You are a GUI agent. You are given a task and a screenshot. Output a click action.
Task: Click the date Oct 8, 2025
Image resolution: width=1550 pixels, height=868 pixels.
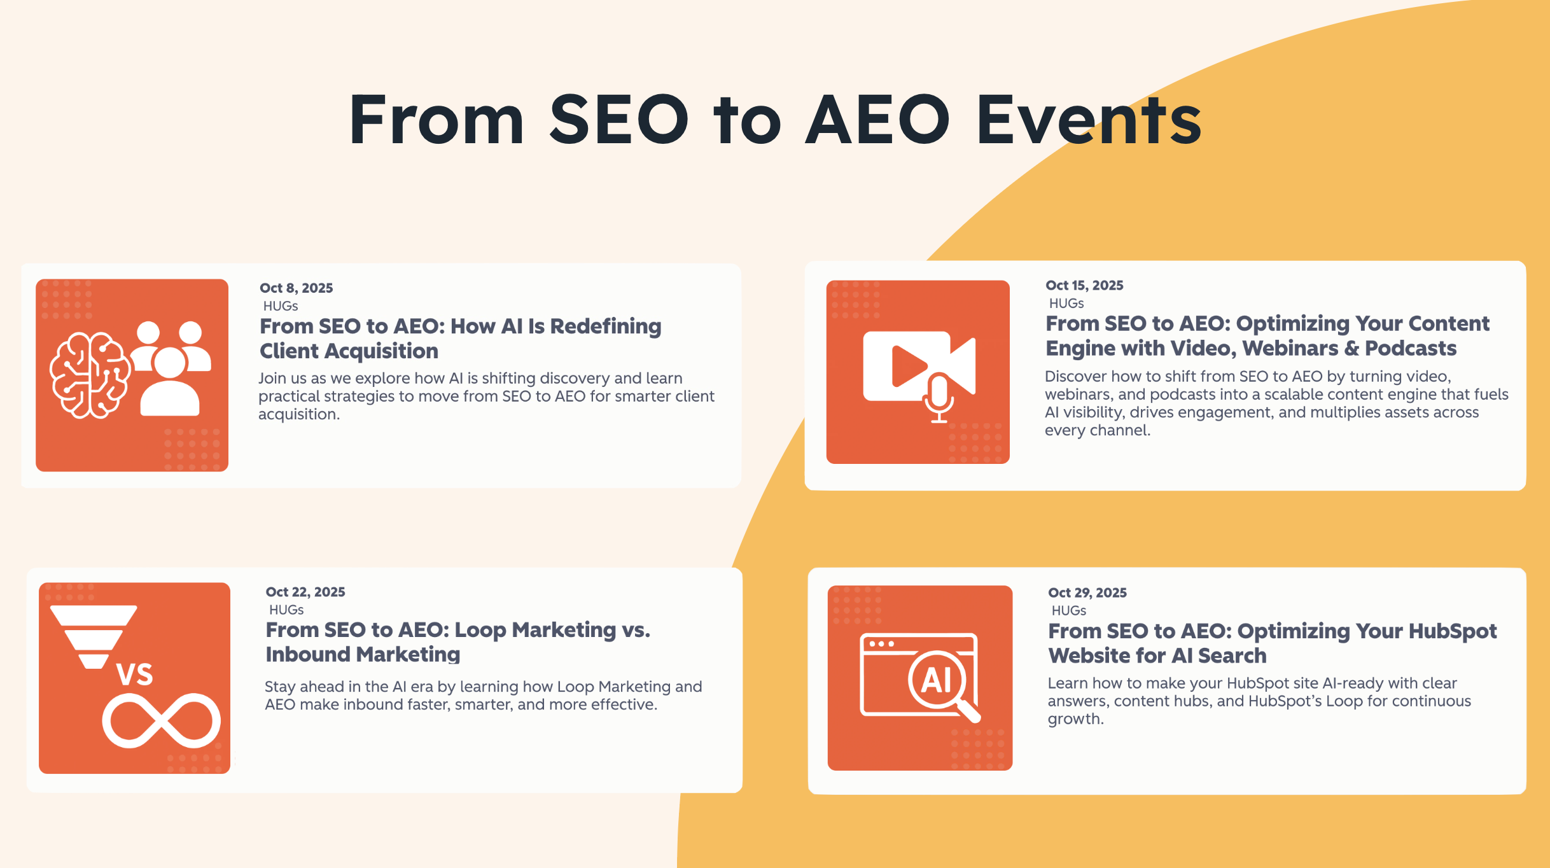click(x=296, y=288)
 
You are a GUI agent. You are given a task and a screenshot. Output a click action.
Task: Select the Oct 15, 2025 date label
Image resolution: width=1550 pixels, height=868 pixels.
click(x=1084, y=285)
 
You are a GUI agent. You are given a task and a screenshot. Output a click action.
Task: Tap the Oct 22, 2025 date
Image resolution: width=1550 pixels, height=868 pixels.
click(x=305, y=592)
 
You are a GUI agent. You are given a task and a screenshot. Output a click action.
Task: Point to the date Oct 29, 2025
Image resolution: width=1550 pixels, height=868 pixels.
click(x=1087, y=592)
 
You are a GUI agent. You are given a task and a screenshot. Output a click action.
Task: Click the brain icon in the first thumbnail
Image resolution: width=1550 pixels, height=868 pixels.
click(x=90, y=375)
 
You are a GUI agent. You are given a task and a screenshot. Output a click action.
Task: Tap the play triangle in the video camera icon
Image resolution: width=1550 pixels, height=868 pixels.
click(x=908, y=366)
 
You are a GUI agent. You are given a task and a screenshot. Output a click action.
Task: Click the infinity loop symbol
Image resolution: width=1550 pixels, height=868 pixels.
click(x=162, y=720)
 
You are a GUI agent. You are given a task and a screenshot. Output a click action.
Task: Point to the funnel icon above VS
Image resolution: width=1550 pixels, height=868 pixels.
click(x=94, y=637)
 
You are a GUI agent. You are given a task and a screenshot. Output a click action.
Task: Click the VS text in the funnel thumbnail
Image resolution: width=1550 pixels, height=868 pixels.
click(x=135, y=675)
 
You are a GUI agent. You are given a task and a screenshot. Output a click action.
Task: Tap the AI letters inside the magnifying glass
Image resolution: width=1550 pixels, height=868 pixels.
click(x=937, y=680)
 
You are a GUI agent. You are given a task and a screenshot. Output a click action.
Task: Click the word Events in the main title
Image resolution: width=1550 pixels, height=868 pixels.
click(x=1089, y=120)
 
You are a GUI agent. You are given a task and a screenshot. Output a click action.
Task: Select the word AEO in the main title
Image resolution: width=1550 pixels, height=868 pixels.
click(x=877, y=119)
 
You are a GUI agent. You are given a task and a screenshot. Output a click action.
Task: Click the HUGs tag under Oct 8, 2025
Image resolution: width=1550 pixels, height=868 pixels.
click(x=281, y=306)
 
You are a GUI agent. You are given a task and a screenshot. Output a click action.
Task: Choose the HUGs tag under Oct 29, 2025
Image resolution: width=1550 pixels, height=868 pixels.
click(x=1069, y=611)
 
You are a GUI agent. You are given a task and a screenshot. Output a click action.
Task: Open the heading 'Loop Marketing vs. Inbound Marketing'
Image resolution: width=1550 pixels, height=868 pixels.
click(x=458, y=642)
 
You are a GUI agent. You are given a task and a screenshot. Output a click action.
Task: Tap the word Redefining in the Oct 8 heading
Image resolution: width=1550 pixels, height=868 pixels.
click(x=606, y=326)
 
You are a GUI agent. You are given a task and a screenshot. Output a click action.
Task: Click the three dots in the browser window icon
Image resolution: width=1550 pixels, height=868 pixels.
click(x=881, y=643)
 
